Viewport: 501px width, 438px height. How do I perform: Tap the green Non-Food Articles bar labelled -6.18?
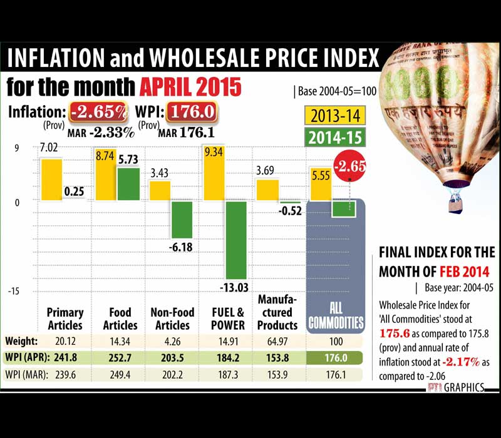pyautogui.click(x=182, y=220)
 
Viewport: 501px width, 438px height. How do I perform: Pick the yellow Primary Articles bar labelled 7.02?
pyautogui.click(x=51, y=180)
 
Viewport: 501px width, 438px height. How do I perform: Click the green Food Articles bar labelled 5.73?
pyautogui.click(x=128, y=184)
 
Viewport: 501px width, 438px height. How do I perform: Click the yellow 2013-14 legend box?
pyautogui.click(x=336, y=116)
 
